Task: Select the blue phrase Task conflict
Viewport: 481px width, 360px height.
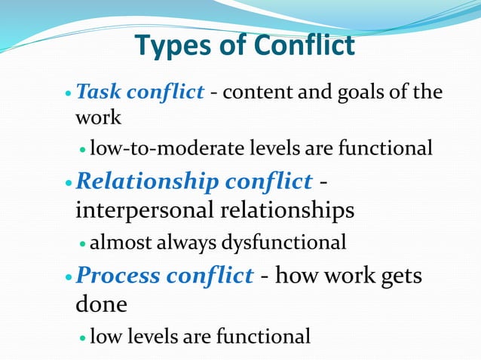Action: click(140, 93)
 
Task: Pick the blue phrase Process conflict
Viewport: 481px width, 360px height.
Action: click(165, 276)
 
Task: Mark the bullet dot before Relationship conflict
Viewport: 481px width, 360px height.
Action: click(69, 183)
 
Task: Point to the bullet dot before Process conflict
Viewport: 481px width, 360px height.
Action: click(69, 277)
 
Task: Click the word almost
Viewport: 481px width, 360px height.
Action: click(115, 243)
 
